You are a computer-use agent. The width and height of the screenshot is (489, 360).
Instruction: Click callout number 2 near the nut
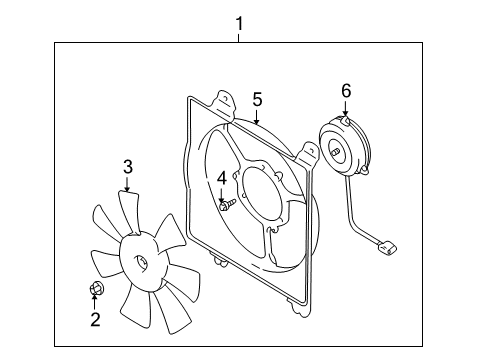click(x=95, y=320)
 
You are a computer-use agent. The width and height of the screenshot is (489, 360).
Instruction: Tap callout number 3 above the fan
click(x=127, y=166)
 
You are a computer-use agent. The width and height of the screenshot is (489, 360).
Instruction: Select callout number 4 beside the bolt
click(x=221, y=177)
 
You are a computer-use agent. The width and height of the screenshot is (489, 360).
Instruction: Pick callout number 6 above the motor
click(x=346, y=91)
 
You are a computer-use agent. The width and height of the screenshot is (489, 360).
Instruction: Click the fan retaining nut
click(x=96, y=291)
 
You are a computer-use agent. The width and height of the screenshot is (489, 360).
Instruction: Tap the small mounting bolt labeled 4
click(x=226, y=207)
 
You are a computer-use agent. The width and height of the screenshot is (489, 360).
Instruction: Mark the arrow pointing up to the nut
click(x=95, y=303)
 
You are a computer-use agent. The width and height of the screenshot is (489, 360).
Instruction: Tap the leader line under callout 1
click(x=239, y=35)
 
